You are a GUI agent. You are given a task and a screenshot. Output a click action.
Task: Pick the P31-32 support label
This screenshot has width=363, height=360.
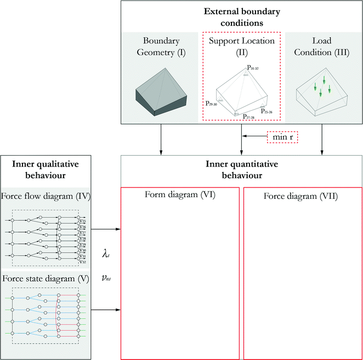click(252, 67)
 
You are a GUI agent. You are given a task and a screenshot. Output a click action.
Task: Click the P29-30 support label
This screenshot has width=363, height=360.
click(212, 103)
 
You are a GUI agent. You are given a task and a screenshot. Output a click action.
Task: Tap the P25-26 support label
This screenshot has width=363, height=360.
click(267, 111)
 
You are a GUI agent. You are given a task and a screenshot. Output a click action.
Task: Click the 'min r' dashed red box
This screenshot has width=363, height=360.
click(281, 136)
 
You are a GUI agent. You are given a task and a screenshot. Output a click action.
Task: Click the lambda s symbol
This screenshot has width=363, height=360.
click(107, 254)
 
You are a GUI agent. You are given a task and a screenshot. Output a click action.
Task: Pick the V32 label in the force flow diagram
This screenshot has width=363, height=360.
click(82, 261)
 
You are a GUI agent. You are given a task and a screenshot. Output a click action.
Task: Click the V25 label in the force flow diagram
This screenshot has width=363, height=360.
click(82, 221)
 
